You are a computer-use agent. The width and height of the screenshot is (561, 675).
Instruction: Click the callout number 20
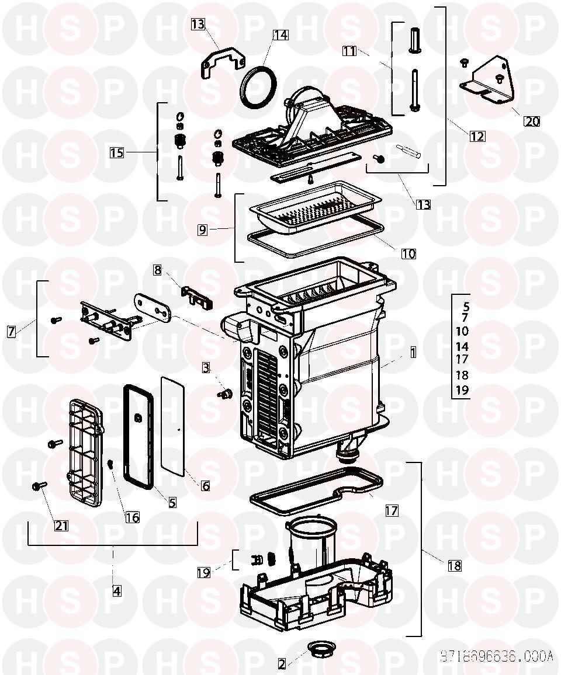531,121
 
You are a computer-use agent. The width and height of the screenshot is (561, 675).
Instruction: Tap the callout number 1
413,352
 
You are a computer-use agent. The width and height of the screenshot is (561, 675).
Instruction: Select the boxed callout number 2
282,664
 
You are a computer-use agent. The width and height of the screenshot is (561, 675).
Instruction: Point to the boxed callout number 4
117,590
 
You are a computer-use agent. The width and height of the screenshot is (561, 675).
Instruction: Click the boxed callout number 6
205,485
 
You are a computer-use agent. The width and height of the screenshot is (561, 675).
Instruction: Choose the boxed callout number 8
157,270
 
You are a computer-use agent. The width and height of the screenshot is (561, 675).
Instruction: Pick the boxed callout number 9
202,229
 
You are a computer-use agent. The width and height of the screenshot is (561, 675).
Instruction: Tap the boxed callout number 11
349,51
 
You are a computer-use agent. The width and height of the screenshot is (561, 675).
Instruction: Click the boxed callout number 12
477,136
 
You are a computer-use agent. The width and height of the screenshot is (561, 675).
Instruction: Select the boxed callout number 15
117,152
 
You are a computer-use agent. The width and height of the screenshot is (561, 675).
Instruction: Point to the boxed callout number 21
61,526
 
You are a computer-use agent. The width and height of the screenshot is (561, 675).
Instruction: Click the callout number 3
206,368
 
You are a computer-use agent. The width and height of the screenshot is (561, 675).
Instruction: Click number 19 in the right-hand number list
462,389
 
